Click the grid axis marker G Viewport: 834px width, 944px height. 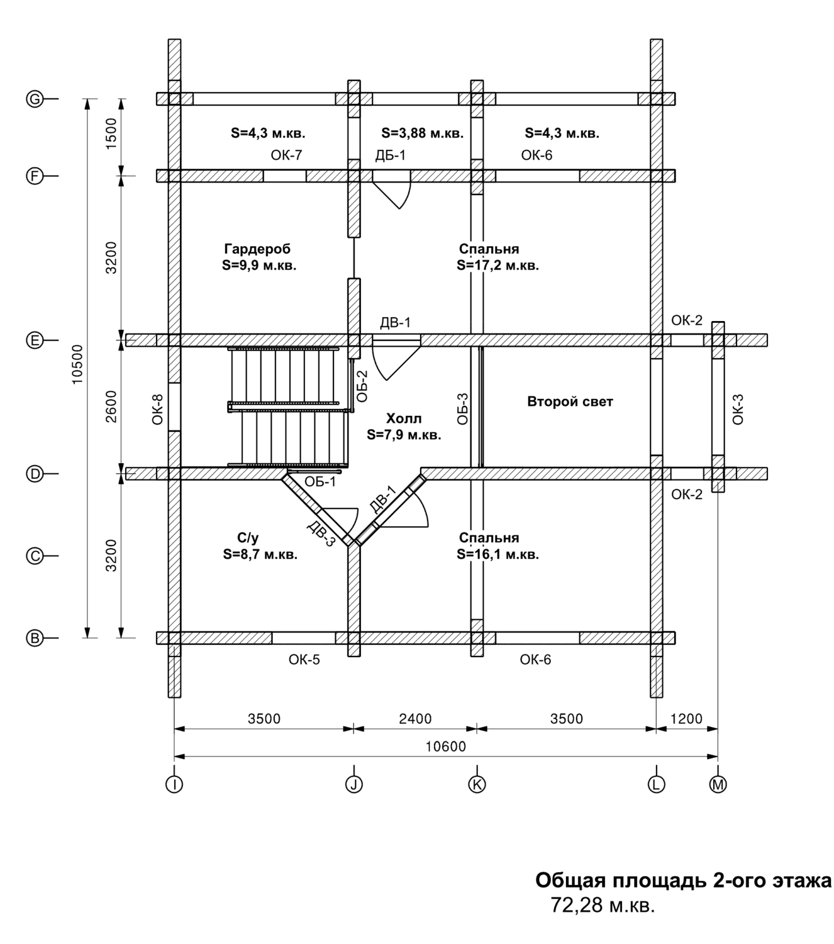(x=34, y=99)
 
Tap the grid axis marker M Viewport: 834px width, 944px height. (x=718, y=784)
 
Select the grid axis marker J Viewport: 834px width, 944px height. (x=354, y=784)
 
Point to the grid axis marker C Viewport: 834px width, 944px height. (x=34, y=556)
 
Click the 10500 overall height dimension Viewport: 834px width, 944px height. (x=77, y=365)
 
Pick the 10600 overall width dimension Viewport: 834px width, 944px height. (x=445, y=746)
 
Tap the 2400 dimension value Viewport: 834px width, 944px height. (x=416, y=719)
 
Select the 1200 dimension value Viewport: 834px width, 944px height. (x=686, y=719)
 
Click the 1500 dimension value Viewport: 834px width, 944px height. (x=111, y=133)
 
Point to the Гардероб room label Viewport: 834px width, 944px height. (x=257, y=249)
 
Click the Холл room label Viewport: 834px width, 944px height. (x=404, y=419)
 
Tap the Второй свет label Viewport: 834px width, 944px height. (x=570, y=402)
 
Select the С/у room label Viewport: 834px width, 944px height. (x=248, y=538)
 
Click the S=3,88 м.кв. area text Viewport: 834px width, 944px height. (x=422, y=133)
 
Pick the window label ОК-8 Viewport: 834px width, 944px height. (x=158, y=410)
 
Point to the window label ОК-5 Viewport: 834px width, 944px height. (x=304, y=660)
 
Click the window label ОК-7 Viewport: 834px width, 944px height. (x=286, y=155)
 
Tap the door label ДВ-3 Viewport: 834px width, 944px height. (x=321, y=535)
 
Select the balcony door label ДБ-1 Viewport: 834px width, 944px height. (x=391, y=155)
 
